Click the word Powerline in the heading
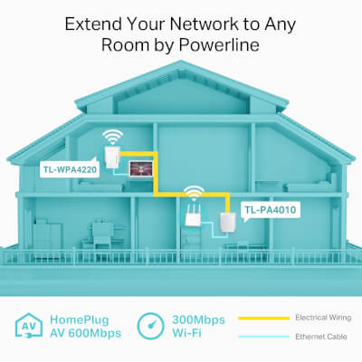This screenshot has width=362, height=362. click(x=219, y=45)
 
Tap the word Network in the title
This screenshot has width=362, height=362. click(x=205, y=24)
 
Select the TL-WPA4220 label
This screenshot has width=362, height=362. click(x=70, y=169)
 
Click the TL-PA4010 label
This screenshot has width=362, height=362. click(x=271, y=210)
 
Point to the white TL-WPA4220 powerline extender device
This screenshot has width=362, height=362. click(x=112, y=157)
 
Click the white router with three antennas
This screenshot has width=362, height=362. click(x=192, y=215)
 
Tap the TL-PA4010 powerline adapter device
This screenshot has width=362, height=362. click(x=228, y=223)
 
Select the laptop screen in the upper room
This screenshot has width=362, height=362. click(x=141, y=168)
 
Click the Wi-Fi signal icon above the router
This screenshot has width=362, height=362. click(x=195, y=194)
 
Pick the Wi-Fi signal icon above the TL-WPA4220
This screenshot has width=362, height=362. click(x=112, y=138)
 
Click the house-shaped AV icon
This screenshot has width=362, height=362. click(x=29, y=325)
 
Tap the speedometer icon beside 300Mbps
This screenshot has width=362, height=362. click(x=150, y=326)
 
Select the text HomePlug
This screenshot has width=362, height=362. click(x=80, y=319)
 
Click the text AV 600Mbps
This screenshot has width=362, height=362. click(x=86, y=333)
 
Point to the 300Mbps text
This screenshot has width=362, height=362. click(x=198, y=319)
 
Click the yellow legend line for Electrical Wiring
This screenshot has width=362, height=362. click(x=264, y=318)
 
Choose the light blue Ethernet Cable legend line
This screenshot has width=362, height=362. click(x=264, y=337)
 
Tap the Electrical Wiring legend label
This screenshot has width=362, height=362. click(x=323, y=318)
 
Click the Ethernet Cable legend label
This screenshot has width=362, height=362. click(x=321, y=337)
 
